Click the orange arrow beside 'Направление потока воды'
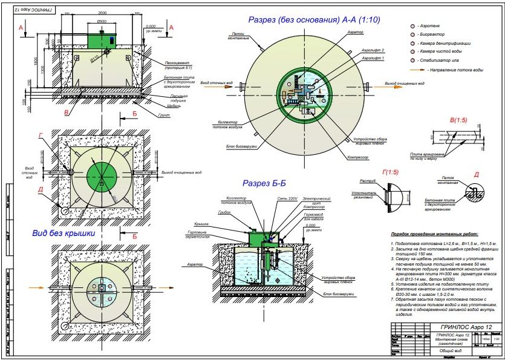[416, 71]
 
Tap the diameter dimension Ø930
[102, 21]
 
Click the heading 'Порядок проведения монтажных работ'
[434, 233]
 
